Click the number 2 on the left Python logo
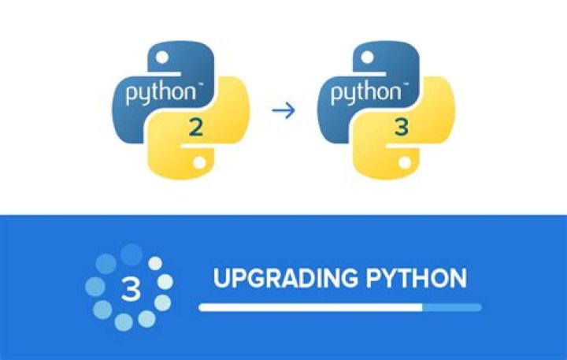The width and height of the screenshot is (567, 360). point(195,128)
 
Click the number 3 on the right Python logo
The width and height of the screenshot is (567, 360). point(402,127)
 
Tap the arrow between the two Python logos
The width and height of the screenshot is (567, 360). point(283,110)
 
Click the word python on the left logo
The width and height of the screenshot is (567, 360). point(160,93)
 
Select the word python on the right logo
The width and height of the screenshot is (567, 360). point(365,93)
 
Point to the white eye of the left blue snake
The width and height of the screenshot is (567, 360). point(162,58)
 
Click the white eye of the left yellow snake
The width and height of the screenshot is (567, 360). point(199,162)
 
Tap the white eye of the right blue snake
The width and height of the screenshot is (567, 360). point(368,58)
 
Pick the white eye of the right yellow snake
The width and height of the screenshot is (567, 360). point(405,162)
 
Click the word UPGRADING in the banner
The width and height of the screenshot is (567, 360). point(287,278)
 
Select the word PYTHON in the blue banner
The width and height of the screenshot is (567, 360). point(417,278)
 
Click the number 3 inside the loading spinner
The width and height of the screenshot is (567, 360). point(131,289)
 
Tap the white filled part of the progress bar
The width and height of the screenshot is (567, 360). point(310,307)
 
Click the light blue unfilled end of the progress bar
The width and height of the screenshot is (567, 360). point(452,307)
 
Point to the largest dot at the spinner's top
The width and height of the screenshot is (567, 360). point(132,254)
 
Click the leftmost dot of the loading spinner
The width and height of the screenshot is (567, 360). point(95,287)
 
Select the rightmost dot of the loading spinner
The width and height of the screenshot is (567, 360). point(165,282)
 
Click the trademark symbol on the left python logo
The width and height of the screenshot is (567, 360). point(200,84)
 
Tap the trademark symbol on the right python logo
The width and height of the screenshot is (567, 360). point(406,84)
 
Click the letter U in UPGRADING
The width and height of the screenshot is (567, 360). point(221,278)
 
